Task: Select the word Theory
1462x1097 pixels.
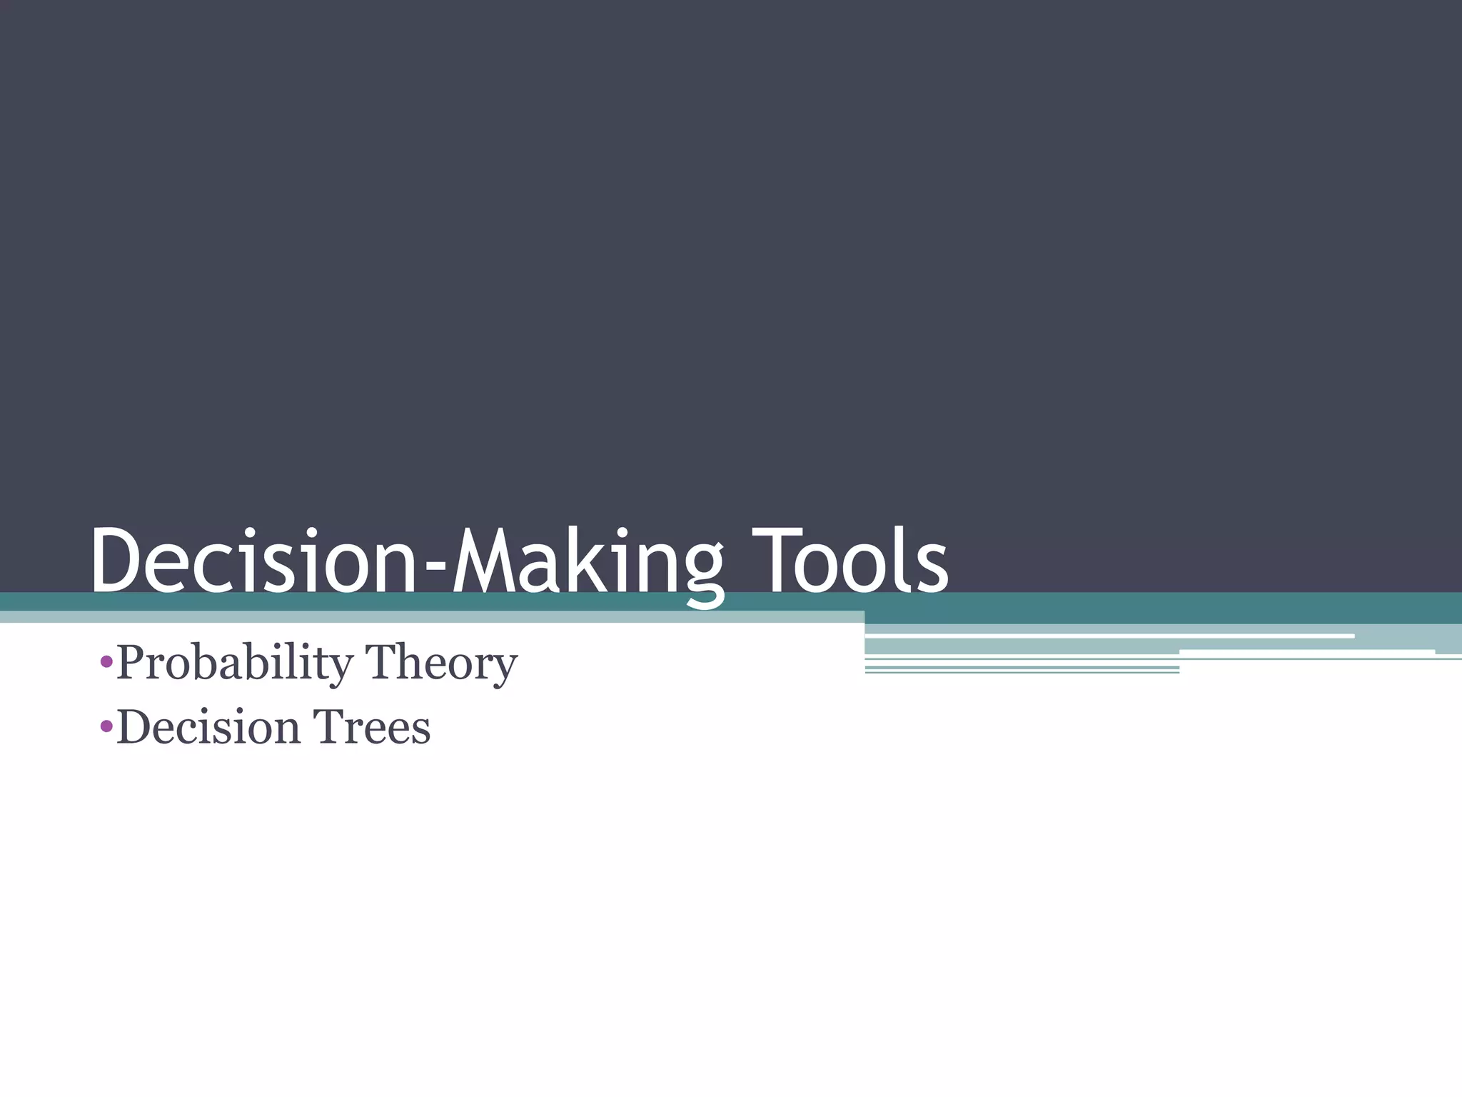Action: [x=441, y=663]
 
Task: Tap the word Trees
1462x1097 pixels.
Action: [x=371, y=727]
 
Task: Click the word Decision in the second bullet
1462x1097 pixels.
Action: [x=208, y=727]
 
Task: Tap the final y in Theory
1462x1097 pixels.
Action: [x=504, y=668]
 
